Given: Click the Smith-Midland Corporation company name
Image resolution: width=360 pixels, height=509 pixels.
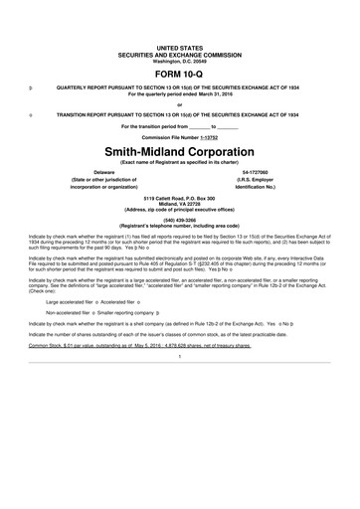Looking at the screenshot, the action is coord(180,150).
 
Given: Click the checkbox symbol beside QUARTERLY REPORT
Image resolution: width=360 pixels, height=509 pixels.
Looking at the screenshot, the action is coord(32,86).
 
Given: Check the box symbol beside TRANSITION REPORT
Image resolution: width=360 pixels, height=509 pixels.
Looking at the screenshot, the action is coord(32,114).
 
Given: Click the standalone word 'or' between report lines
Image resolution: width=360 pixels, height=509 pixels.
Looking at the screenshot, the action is coord(180,103).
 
